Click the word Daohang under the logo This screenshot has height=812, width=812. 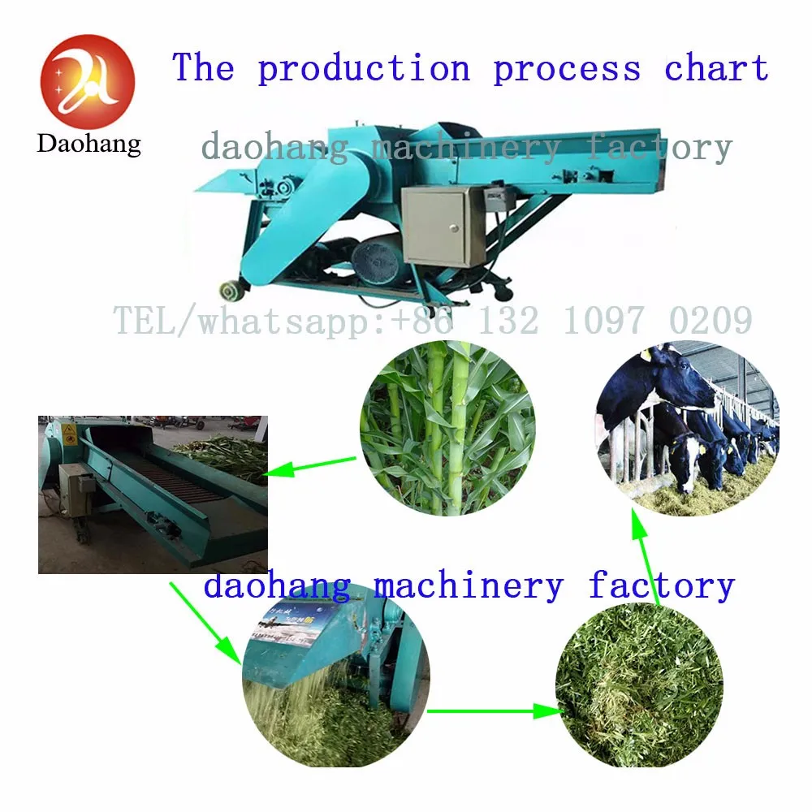pyautogui.click(x=89, y=145)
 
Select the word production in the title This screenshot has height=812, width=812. pyautogui.click(x=364, y=68)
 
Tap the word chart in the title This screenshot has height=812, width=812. pyautogui.click(x=716, y=68)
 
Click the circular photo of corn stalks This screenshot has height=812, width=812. pyautogui.click(x=447, y=428)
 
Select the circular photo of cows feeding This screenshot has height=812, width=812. pyautogui.click(x=687, y=428)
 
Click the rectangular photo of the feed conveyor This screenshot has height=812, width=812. pyautogui.click(x=153, y=494)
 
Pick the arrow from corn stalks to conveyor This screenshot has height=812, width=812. pyautogui.click(x=312, y=465)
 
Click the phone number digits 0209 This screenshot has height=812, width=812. pyautogui.click(x=710, y=322)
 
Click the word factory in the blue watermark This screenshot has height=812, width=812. pyautogui.click(x=661, y=585)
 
